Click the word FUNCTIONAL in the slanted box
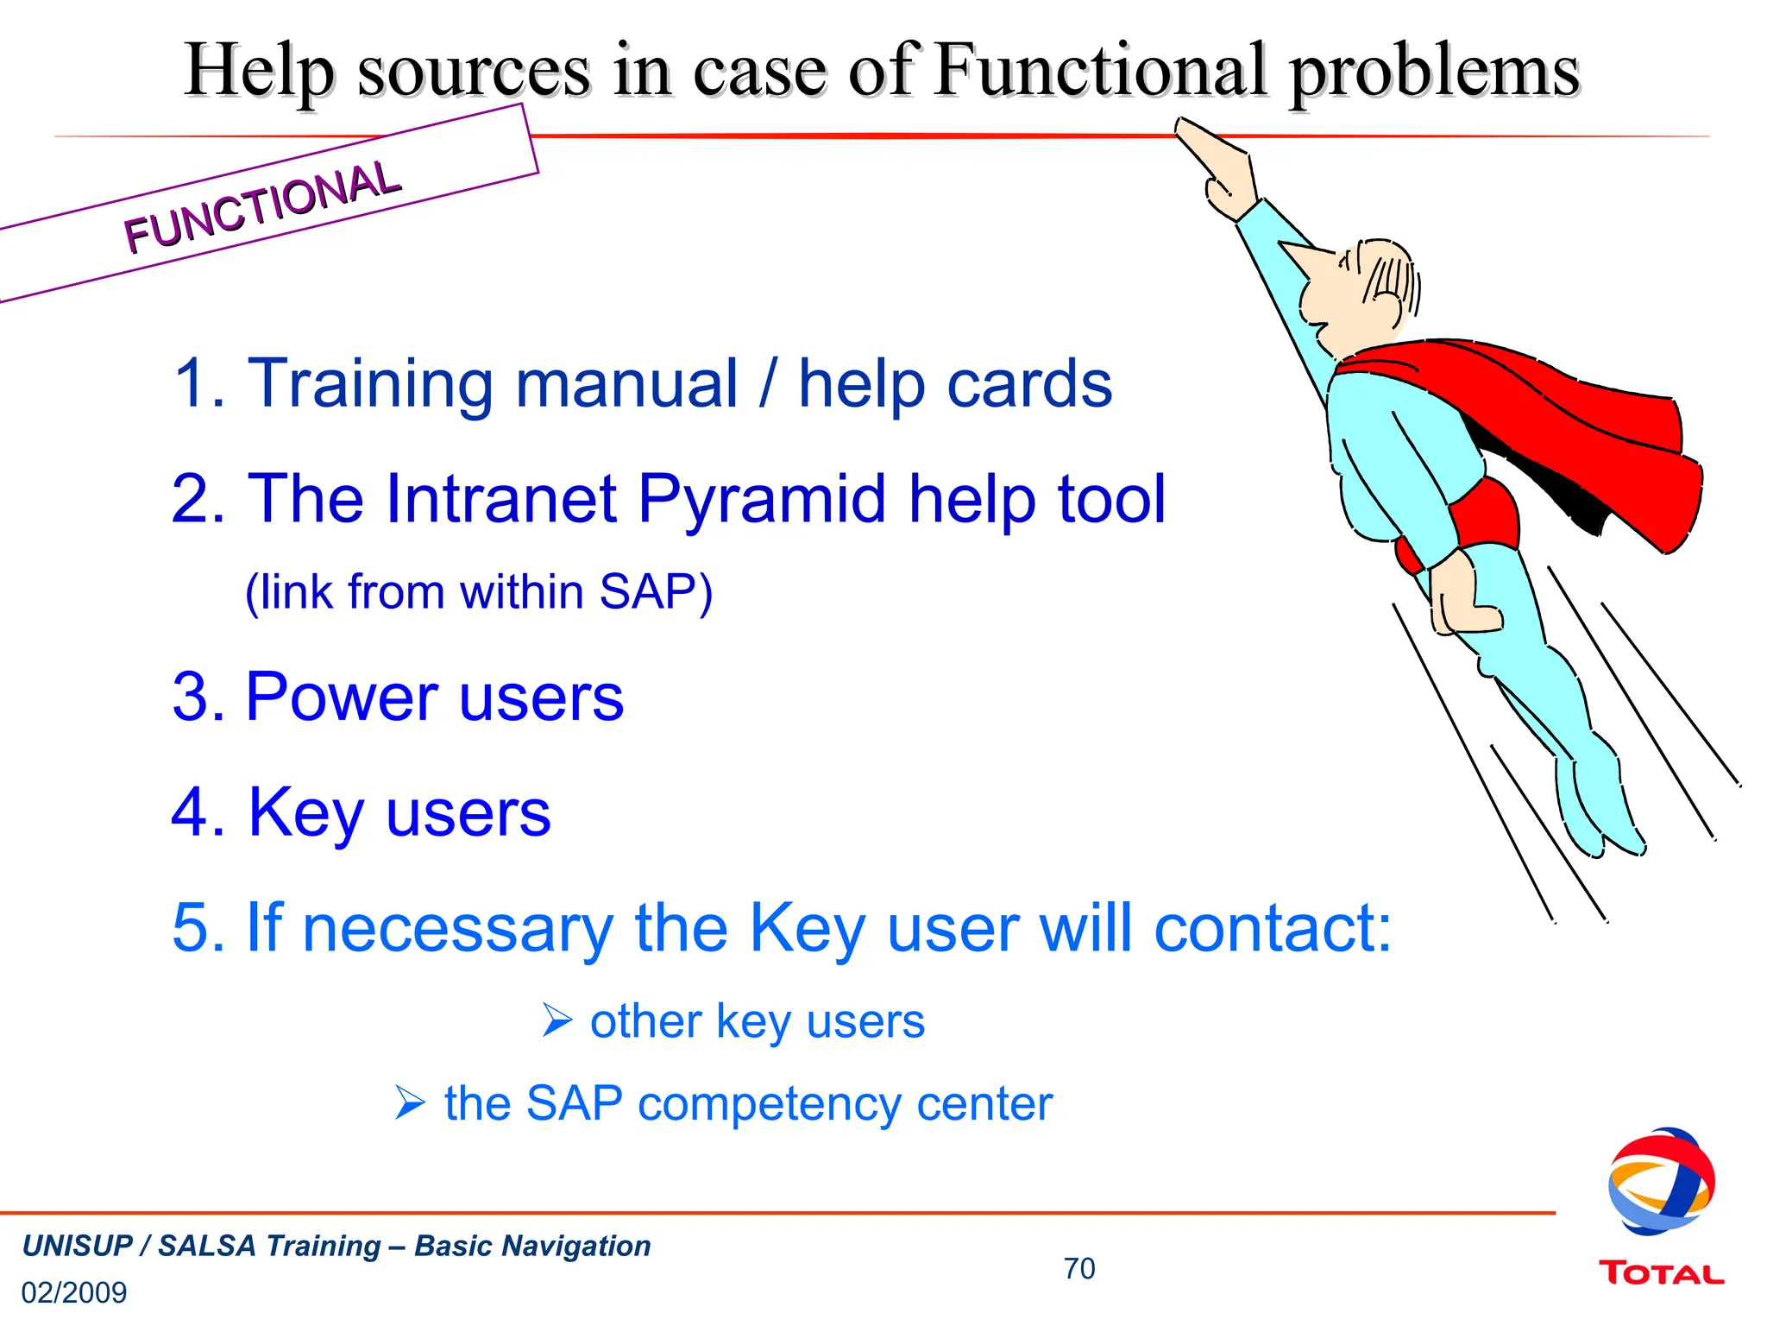(262, 207)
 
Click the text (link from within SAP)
(479, 592)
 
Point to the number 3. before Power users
(198, 698)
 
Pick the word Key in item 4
(305, 812)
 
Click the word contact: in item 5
(1273, 928)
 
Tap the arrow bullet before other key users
(557, 1020)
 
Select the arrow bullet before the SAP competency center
(410, 1102)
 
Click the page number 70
(1078, 1268)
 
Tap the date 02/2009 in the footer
(74, 1292)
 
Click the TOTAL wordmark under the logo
(1661, 1273)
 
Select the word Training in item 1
(368, 383)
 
